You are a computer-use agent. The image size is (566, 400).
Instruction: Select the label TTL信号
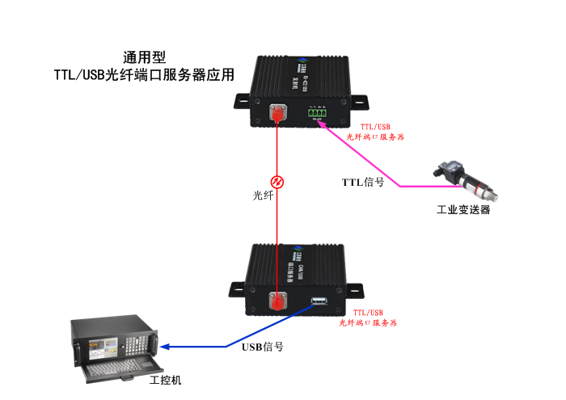[363, 182]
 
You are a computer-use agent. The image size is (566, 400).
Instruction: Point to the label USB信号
[263, 347]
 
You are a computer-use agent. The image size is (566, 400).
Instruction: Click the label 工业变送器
[463, 211]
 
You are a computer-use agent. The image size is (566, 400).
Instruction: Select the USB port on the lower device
[318, 303]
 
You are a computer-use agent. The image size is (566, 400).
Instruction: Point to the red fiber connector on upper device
[277, 116]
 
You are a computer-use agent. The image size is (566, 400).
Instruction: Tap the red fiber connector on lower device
[277, 303]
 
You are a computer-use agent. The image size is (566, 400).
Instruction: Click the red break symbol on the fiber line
[277, 180]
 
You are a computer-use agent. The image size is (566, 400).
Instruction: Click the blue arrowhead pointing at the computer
[165, 347]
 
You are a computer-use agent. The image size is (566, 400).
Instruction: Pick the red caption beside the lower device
[367, 317]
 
